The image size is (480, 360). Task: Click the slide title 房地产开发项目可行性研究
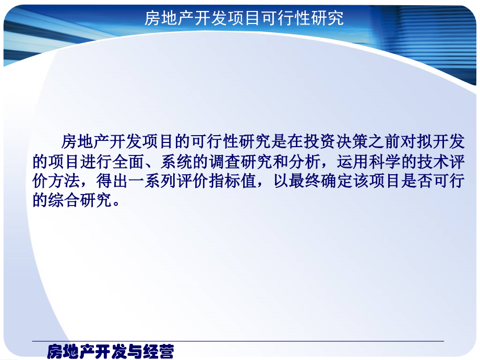click(244, 19)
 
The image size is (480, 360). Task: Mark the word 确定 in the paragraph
click(329, 181)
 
